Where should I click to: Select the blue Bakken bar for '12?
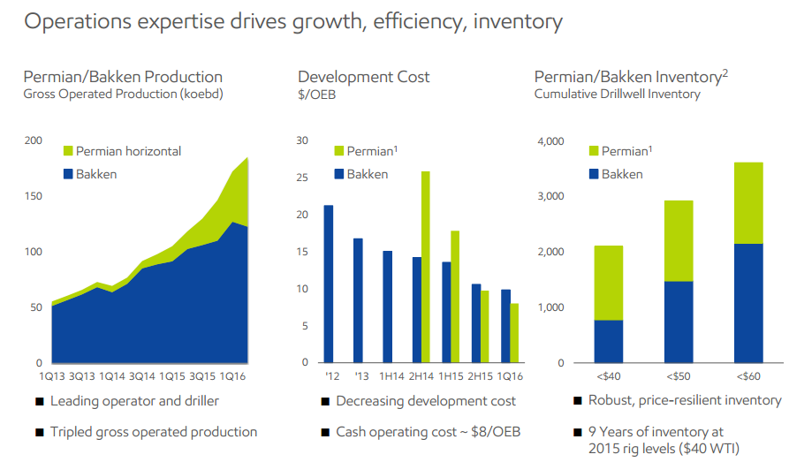click(x=329, y=284)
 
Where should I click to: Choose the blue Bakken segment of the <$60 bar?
click(x=748, y=303)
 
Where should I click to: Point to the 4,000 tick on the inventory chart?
click(x=550, y=141)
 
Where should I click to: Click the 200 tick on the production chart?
click(x=33, y=141)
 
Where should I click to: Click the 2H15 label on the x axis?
click(x=480, y=376)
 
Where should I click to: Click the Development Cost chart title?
click(x=364, y=77)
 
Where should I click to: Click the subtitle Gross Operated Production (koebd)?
click(x=123, y=95)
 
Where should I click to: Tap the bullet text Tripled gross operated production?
click(x=154, y=432)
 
